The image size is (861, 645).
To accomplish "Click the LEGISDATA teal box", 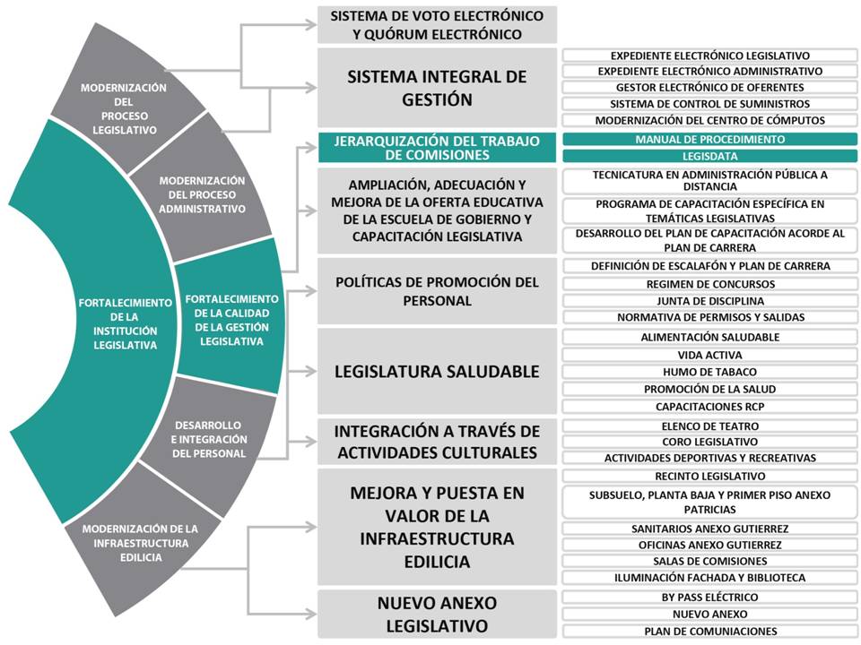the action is (710, 156).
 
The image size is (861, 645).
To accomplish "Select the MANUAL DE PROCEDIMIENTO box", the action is (710, 140).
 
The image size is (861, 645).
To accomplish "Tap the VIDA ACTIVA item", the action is (710, 355).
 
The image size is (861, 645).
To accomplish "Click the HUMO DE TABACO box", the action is (710, 372).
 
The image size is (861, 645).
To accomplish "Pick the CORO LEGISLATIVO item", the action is (710, 442).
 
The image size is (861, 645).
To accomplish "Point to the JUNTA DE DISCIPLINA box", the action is (710, 301).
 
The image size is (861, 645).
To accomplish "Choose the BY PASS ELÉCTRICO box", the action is (710, 598).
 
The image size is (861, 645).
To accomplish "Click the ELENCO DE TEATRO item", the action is (710, 426).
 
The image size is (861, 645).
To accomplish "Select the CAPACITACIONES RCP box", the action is (710, 407).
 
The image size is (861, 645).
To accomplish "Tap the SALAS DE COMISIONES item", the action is (710, 561).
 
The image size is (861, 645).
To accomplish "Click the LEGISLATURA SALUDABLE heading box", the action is (437, 371).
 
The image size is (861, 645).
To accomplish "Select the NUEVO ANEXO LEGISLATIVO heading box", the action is (437, 615).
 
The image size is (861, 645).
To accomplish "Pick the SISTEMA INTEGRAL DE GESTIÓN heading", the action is (437, 88).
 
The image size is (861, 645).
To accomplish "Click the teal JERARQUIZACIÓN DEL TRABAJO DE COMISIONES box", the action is (437, 148).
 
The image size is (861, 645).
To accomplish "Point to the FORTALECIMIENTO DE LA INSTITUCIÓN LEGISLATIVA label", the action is (126, 323).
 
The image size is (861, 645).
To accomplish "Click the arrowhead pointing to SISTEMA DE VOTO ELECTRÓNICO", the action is (311, 24).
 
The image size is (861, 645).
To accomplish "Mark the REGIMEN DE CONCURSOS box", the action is (710, 284).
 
